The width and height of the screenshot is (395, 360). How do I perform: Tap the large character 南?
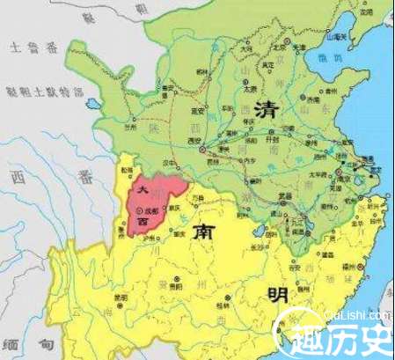click(197, 233)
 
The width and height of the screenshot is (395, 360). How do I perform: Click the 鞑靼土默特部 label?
click(42, 90)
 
